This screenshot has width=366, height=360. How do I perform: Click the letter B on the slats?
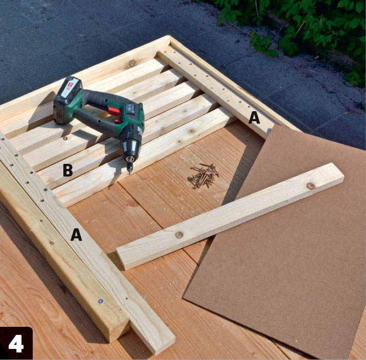[68, 170]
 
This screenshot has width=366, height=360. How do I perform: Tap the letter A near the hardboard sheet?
[254, 118]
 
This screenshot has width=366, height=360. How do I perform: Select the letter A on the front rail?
[76, 234]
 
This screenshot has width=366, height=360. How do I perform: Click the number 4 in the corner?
[16, 343]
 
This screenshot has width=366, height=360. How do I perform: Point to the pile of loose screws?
[203, 175]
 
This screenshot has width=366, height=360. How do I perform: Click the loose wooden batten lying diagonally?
[230, 216]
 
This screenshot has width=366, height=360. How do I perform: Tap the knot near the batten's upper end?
[311, 186]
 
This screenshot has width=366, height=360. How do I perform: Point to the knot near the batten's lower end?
[179, 234]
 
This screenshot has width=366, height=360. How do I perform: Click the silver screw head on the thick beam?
[101, 301]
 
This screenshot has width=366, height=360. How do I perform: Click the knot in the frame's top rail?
[132, 63]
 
